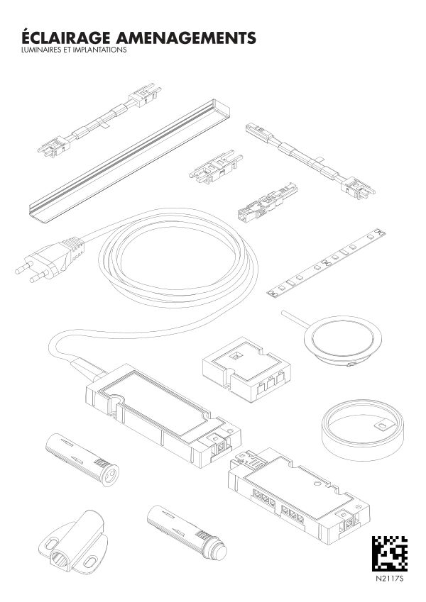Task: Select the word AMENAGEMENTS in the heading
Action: (185, 38)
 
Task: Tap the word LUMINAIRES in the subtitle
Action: (39, 50)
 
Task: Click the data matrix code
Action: (389, 554)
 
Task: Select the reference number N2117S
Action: (390, 578)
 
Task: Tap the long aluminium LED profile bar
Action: (129, 161)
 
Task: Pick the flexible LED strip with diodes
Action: (326, 262)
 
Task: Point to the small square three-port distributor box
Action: (246, 369)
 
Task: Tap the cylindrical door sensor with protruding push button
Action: (187, 531)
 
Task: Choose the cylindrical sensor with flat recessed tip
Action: (82, 459)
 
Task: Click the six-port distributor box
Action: (299, 496)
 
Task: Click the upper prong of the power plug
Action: (24, 267)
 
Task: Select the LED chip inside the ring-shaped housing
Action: (382, 426)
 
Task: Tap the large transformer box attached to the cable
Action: (163, 415)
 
